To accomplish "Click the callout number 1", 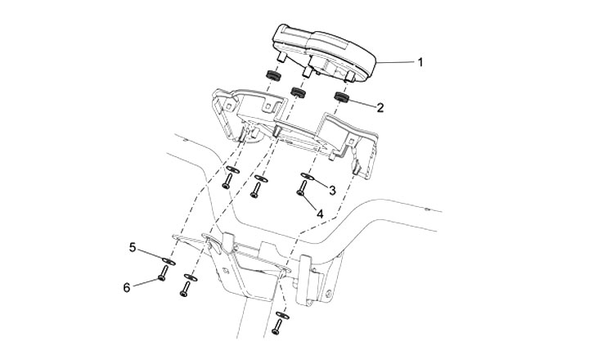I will click(x=421, y=62).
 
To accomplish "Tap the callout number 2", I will click(x=380, y=106).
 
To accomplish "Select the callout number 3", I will click(x=331, y=190).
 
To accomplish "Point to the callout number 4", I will click(x=320, y=214).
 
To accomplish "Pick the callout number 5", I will click(x=131, y=245).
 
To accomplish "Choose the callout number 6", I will click(x=127, y=286).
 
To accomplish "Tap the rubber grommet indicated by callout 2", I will click(x=341, y=99).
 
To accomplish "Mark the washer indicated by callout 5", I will click(x=166, y=262).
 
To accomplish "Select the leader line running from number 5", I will click(x=148, y=254).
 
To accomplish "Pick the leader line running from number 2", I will click(x=362, y=103).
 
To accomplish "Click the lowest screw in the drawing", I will click(x=277, y=328).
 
